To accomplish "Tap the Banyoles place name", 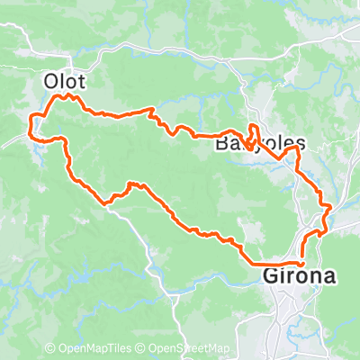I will coord(261,143).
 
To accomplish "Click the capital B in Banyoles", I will coord(223,143).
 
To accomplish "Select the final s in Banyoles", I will coord(301,143).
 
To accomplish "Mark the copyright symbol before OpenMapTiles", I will coord(50,348).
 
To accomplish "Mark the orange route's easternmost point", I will coord(332,209).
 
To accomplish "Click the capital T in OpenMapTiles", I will coord(115,348).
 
